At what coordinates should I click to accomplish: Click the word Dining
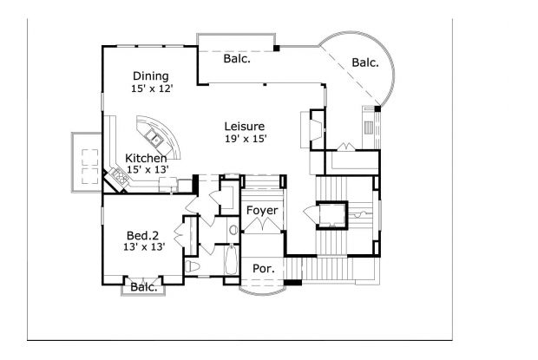(150, 75)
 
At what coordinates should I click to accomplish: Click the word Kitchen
(146, 158)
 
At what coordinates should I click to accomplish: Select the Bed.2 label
(141, 234)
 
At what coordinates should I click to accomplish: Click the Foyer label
(260, 211)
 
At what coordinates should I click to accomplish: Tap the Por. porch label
(263, 269)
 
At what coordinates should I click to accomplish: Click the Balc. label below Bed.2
(144, 288)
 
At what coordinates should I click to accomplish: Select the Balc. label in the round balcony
(365, 62)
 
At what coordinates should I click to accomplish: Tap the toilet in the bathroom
(194, 266)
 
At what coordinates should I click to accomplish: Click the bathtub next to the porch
(231, 265)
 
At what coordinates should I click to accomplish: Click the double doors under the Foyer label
(261, 226)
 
